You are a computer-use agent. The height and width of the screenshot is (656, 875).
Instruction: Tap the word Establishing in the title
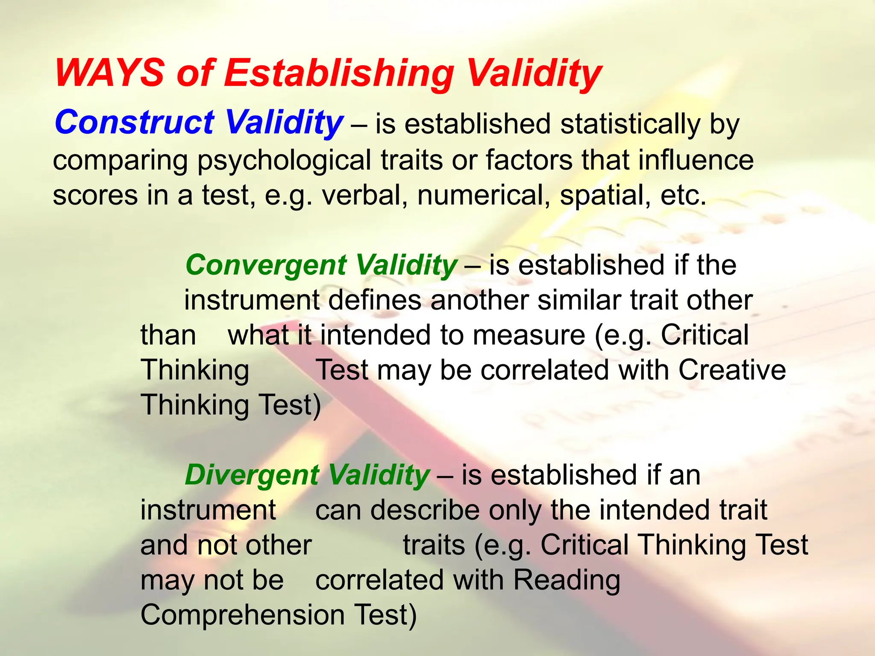point(339,73)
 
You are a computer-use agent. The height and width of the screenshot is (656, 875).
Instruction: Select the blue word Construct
point(134,122)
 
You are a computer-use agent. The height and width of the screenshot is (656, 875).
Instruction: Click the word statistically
point(630,125)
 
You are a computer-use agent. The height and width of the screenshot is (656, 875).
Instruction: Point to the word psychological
point(284,161)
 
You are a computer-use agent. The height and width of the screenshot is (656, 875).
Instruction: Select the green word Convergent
point(266,266)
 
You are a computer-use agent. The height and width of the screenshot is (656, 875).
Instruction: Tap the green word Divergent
point(252,475)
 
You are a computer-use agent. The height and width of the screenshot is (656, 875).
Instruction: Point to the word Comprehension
point(242,615)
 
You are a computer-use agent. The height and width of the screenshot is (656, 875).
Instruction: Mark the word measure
point(529,335)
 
